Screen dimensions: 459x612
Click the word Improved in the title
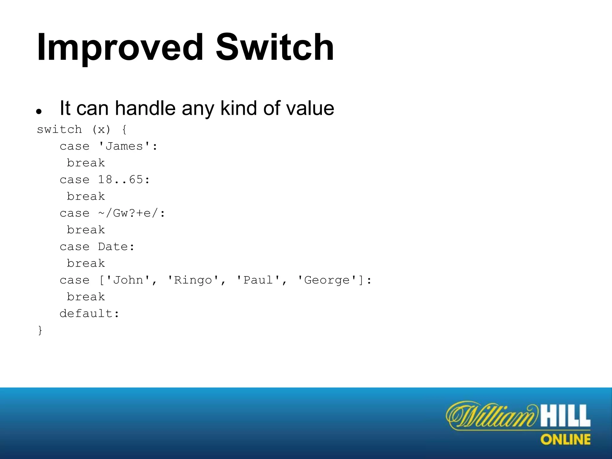[x=120, y=48]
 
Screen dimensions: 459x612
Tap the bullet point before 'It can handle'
[x=39, y=112]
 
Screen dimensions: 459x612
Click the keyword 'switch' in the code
[x=59, y=130]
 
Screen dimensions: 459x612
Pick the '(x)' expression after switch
[x=101, y=130]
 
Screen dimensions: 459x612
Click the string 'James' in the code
[x=124, y=146]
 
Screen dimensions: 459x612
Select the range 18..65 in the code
[x=121, y=180]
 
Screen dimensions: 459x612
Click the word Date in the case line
[x=113, y=247]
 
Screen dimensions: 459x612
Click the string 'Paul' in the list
[x=258, y=280]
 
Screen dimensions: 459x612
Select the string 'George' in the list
[x=327, y=280]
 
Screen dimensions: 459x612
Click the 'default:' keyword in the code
[x=89, y=314]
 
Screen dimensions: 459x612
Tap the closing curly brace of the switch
[x=40, y=331]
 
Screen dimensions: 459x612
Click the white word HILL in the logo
[x=565, y=416]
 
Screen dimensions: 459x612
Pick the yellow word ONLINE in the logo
[x=565, y=440]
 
